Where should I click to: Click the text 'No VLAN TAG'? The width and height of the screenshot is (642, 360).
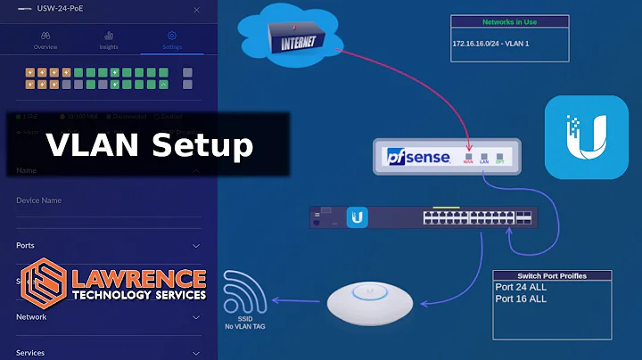247,327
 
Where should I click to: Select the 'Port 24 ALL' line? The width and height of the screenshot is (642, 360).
521,287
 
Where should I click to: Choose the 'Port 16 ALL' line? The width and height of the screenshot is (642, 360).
521,299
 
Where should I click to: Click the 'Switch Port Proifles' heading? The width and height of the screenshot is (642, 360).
552,276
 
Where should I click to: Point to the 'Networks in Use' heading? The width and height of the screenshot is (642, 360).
508,21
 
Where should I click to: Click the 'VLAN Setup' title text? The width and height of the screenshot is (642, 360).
150,144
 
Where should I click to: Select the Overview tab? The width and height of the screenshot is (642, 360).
46,40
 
